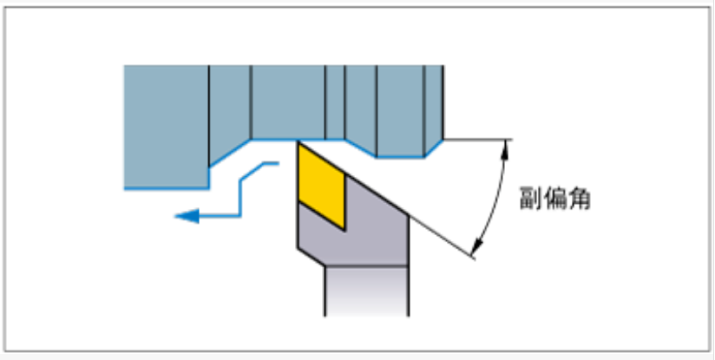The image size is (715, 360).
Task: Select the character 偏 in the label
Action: [x=555, y=200]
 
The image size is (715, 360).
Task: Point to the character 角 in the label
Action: [x=580, y=200]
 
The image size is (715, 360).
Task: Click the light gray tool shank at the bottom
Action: [x=365, y=291]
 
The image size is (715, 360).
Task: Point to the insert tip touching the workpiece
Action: [x=298, y=142]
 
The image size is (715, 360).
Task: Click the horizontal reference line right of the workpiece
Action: [x=477, y=140]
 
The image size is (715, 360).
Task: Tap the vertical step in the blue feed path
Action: [x=242, y=194]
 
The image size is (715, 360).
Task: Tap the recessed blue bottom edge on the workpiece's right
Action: [x=399, y=156]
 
